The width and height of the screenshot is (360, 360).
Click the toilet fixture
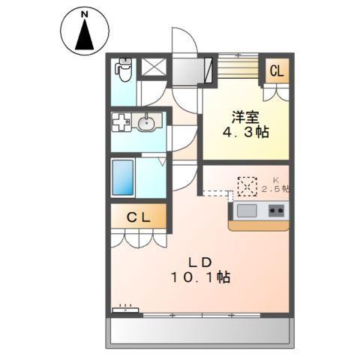coord(123,71)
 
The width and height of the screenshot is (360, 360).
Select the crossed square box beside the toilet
coord(154,67)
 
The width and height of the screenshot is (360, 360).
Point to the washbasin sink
coord(148,123)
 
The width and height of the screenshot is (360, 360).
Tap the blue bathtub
coord(123,178)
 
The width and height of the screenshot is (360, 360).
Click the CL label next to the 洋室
coord(276,72)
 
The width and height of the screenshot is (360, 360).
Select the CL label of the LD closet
coord(137,218)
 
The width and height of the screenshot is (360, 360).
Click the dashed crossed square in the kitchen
coord(247,185)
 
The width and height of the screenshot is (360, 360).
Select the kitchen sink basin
coord(247,211)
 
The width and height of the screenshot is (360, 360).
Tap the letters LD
coord(199,262)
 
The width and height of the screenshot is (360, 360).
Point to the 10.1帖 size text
coord(199,277)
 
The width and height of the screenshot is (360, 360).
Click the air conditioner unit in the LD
coord(125,309)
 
